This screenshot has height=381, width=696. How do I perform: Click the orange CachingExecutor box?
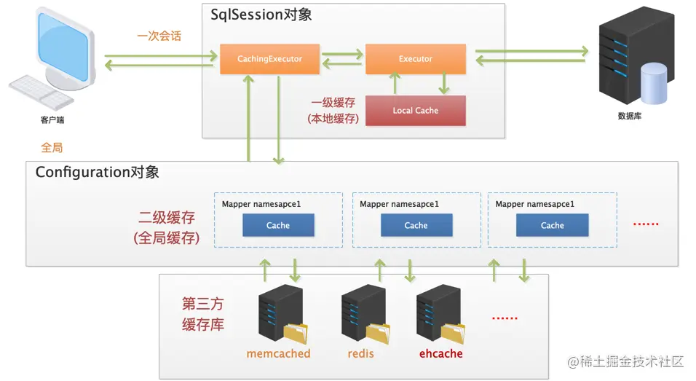[x=270, y=58]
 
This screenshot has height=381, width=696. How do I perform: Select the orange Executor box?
[x=416, y=58]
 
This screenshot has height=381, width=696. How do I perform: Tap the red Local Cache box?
[x=416, y=111]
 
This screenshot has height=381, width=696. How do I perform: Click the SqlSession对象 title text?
[x=261, y=15]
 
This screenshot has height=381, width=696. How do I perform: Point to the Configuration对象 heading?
[x=98, y=172]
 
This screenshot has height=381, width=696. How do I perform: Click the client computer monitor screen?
[x=63, y=47]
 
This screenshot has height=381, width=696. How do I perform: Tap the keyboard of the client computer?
[x=41, y=93]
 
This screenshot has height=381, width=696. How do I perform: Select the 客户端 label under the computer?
[x=52, y=120]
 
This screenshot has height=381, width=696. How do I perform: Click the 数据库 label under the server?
[x=630, y=116]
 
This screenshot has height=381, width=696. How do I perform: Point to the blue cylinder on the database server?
[x=653, y=83]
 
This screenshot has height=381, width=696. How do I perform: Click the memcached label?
[x=278, y=353]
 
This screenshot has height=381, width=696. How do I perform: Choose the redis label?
[x=360, y=353]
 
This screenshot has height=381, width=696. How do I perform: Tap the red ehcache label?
[x=440, y=353]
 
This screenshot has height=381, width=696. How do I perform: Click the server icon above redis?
[x=363, y=313]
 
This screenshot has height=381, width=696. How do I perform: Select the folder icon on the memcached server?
[x=296, y=334]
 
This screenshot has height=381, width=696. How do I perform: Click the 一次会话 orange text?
[x=159, y=36]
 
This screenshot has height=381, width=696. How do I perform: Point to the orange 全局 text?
[x=52, y=147]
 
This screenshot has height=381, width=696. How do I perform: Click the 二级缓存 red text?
[x=167, y=218]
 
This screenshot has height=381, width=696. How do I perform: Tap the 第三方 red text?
[x=203, y=305]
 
